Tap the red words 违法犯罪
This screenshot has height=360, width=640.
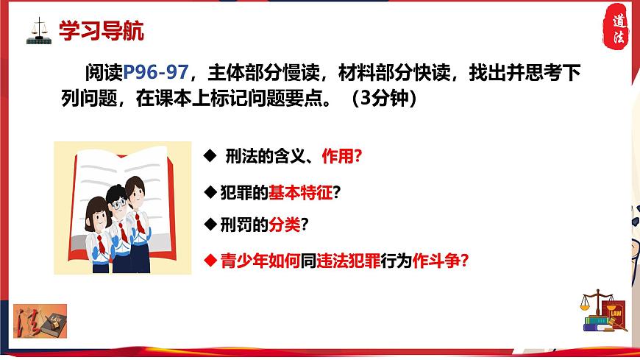[342, 260]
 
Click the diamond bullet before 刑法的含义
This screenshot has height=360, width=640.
[209, 158]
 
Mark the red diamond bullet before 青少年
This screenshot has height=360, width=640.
[209, 260]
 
